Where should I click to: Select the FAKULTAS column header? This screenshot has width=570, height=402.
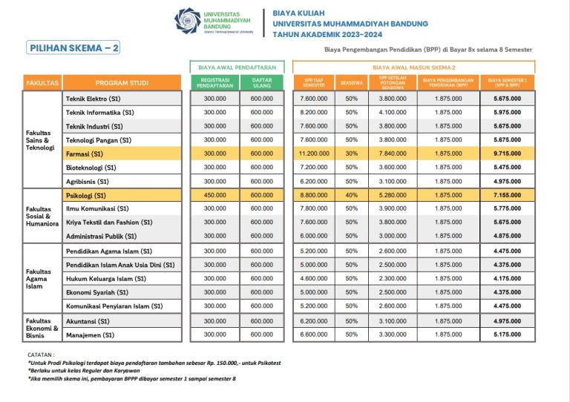click(x=42, y=82)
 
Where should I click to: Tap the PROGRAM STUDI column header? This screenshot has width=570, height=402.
click(x=122, y=82)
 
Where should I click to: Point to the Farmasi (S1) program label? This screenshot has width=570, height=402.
click(x=85, y=154)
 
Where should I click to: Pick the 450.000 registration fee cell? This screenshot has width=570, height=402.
click(x=214, y=196)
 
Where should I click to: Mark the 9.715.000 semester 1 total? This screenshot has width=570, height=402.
click(x=507, y=154)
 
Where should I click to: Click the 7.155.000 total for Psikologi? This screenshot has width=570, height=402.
click(x=507, y=196)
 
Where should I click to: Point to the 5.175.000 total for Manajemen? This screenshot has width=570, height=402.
click(x=507, y=335)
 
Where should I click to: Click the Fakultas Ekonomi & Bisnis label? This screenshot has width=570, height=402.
click(x=42, y=327)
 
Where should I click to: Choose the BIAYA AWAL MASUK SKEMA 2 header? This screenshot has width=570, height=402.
click(x=413, y=66)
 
